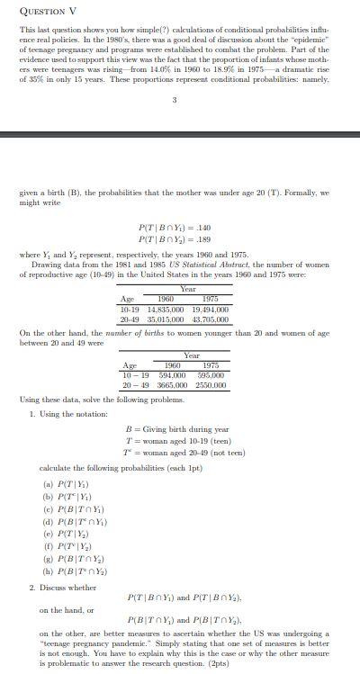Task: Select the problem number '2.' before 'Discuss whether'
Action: [x=32, y=588]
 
